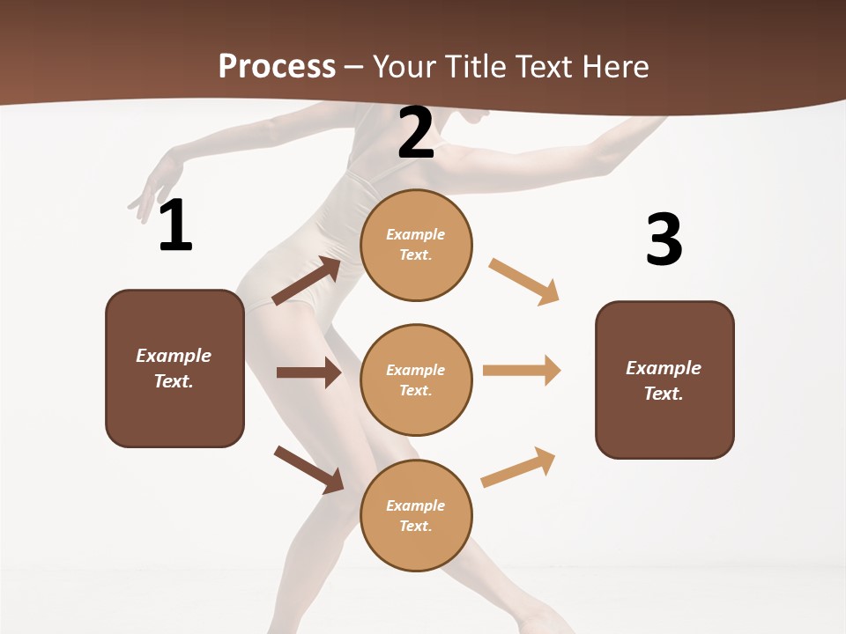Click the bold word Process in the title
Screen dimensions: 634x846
click(x=277, y=66)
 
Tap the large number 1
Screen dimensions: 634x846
click(x=175, y=225)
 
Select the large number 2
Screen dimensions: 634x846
click(x=416, y=133)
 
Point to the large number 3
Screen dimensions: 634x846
click(x=664, y=240)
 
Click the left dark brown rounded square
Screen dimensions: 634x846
click(x=174, y=368)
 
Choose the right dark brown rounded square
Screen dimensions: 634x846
click(x=664, y=380)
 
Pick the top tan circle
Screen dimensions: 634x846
click(x=416, y=245)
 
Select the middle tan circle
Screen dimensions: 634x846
click(x=416, y=380)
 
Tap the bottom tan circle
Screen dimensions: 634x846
click(x=416, y=515)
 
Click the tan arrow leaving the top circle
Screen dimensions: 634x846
click(x=524, y=282)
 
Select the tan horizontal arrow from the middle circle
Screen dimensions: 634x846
click(x=522, y=371)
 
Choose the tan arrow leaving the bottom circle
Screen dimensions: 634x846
click(x=518, y=468)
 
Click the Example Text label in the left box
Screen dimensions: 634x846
click(x=174, y=368)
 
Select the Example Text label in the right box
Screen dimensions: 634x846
click(x=664, y=380)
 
